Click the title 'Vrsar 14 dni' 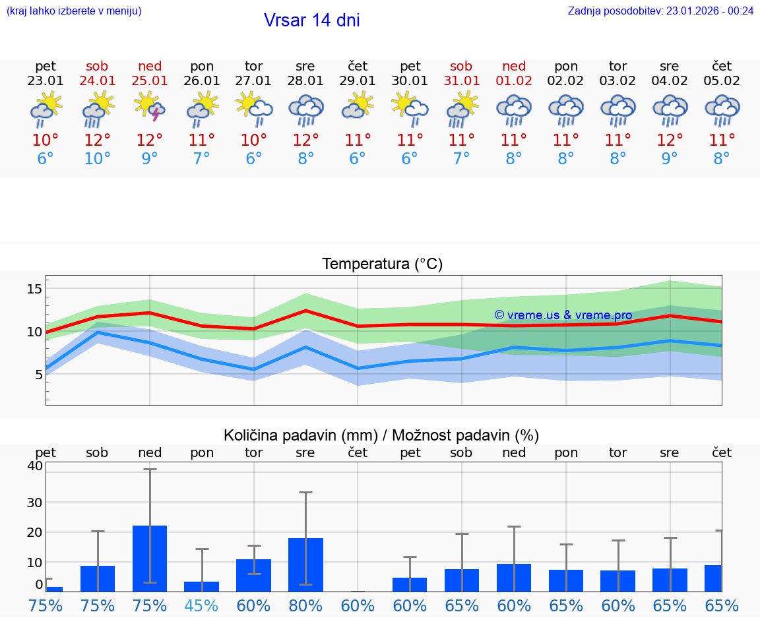[x=311, y=20]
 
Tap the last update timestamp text [x=660, y=11]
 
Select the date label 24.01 [x=98, y=81]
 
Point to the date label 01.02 [x=514, y=81]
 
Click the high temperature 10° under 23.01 [x=46, y=140]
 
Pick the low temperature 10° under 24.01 [x=98, y=159]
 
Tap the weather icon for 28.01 [x=305, y=110]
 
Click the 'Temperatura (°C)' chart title [x=382, y=264]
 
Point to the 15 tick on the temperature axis [x=35, y=289]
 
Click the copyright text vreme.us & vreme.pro [x=563, y=315]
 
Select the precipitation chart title [x=381, y=435]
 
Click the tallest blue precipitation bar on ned [x=150, y=558]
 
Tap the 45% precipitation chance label [x=202, y=605]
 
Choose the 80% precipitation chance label [x=305, y=605]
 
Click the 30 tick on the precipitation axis [x=34, y=502]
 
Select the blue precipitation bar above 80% [x=305, y=565]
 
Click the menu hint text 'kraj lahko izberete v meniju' [x=74, y=11]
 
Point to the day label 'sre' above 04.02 [x=670, y=66]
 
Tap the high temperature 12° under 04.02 [x=670, y=140]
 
